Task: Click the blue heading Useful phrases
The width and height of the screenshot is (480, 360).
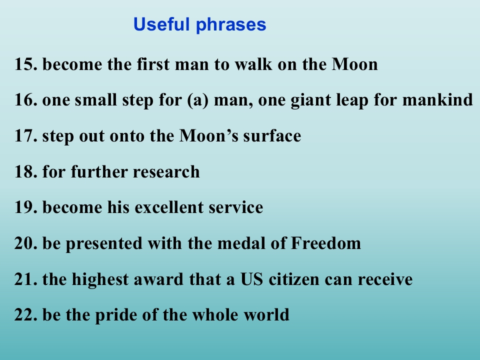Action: point(199,24)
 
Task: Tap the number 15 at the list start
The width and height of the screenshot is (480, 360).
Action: point(26,64)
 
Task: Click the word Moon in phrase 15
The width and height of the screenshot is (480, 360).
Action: point(355,64)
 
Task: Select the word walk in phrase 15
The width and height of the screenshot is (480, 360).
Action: point(253,64)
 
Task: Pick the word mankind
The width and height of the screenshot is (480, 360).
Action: point(437,100)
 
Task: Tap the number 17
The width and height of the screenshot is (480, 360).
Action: point(26,136)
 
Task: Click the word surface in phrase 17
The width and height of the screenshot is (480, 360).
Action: point(272,135)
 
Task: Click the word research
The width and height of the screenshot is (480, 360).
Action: point(166,171)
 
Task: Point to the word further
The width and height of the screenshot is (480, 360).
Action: point(99,171)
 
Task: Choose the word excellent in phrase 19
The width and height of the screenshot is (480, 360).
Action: point(169,207)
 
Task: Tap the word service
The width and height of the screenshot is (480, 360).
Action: point(235,207)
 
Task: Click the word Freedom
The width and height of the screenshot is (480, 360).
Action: point(325,243)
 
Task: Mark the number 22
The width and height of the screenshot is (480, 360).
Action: point(26,314)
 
